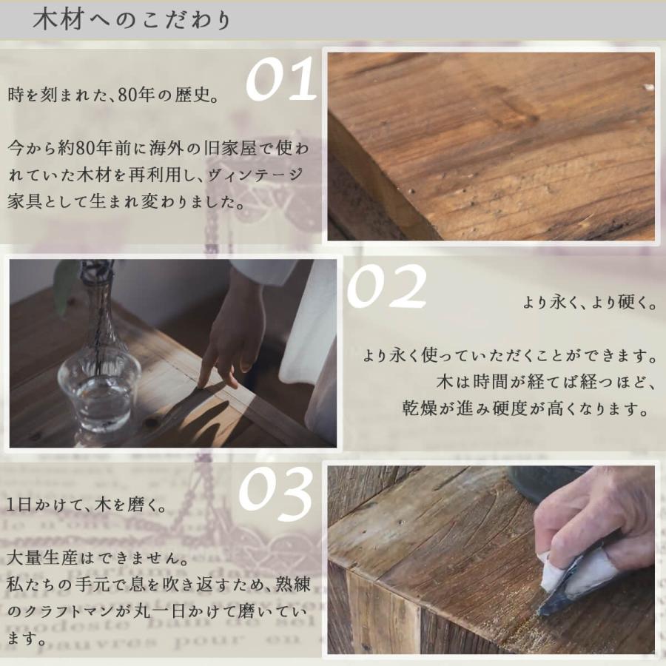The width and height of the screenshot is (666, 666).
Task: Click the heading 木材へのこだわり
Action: coord(132,20)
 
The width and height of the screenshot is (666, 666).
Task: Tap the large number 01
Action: coord(280,81)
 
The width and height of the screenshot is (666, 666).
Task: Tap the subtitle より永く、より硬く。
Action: coord(589,303)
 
